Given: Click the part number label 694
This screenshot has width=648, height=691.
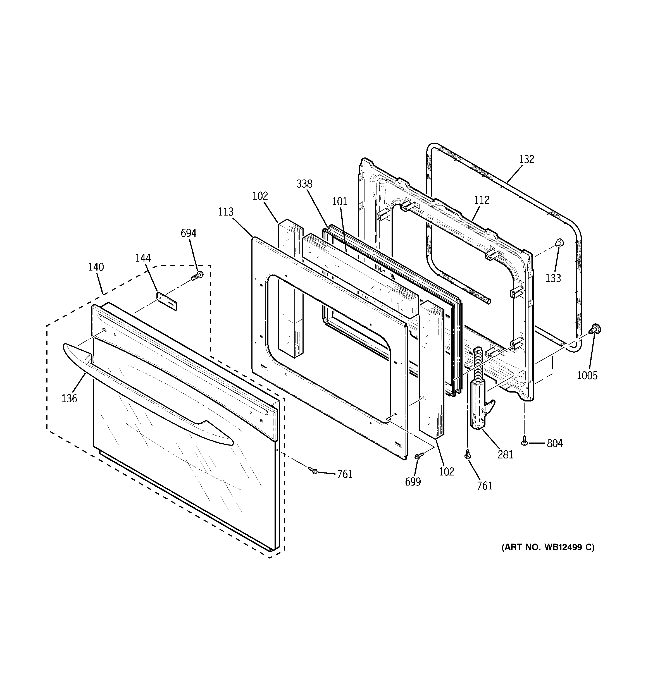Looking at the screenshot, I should (x=189, y=233).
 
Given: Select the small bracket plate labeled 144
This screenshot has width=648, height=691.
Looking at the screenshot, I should (x=167, y=301).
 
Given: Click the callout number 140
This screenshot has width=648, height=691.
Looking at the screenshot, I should (x=96, y=267).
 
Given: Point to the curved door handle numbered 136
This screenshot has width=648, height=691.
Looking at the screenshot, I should (x=146, y=393).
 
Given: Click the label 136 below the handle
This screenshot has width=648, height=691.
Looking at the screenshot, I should (x=69, y=399).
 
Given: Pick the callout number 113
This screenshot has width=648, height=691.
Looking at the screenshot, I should (x=226, y=212).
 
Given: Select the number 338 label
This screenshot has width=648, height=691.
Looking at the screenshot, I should (x=304, y=184).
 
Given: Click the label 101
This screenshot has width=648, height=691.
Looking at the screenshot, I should (x=339, y=202).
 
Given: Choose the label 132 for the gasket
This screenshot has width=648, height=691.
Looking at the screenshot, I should (x=526, y=159).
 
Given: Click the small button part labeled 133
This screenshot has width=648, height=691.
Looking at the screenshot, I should (x=559, y=243).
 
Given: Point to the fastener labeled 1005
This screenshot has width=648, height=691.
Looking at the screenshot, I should (x=596, y=328).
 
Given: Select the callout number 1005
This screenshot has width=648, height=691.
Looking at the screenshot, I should (x=587, y=376).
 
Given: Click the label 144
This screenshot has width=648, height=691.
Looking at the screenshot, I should (x=143, y=258).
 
